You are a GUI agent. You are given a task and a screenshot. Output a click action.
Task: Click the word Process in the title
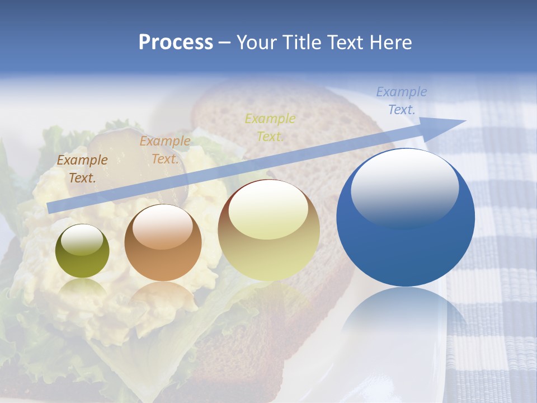point(176,43)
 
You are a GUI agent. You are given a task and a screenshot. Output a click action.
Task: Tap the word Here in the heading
point(390,43)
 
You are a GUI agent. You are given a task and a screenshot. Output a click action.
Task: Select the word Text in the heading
point(345,43)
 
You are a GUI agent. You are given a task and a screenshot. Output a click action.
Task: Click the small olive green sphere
point(82,251)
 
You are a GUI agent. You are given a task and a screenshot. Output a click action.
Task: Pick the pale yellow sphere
point(268,230)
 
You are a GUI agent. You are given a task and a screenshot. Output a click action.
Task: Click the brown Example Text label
point(82,169)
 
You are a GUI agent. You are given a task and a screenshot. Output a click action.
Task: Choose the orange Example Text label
point(165,150)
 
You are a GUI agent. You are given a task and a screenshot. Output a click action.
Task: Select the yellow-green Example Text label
point(270,128)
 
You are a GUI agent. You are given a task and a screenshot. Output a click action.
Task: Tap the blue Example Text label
point(402,101)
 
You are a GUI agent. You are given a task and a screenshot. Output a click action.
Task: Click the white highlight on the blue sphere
point(405,188)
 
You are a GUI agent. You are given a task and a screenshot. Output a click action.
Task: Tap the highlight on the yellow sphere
point(268,210)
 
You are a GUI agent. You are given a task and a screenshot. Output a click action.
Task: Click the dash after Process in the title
point(225,43)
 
